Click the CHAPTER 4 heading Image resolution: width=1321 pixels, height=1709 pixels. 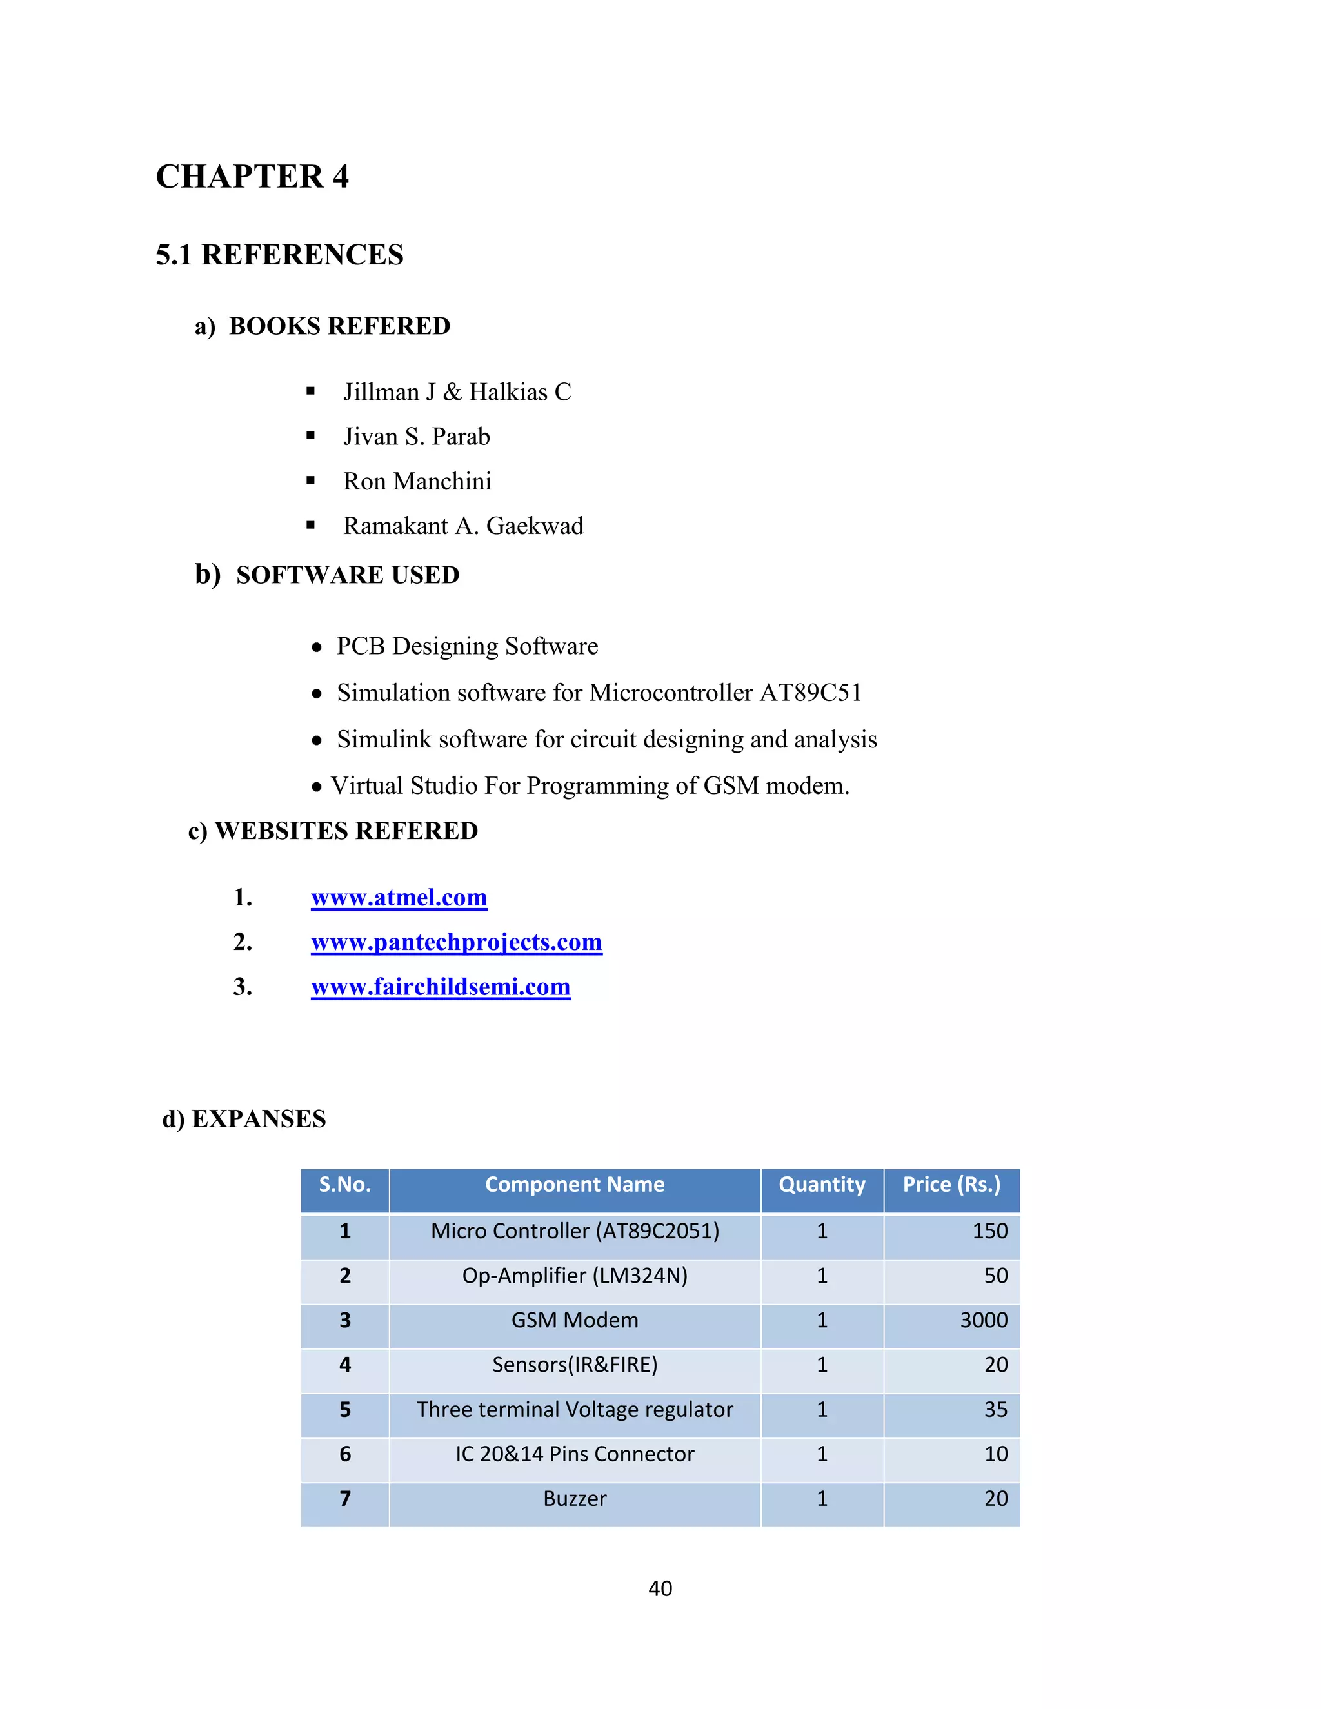click(x=252, y=177)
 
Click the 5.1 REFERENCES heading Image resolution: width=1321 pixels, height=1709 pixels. click(x=279, y=255)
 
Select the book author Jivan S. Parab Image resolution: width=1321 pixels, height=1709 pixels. click(x=416, y=437)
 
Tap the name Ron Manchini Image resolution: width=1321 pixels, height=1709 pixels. click(x=417, y=481)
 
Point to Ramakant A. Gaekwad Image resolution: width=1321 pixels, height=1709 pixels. click(x=463, y=526)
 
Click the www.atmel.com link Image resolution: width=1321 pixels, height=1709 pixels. click(x=399, y=898)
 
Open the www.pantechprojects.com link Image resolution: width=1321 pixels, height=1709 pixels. click(x=456, y=942)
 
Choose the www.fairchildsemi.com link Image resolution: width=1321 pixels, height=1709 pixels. click(x=441, y=987)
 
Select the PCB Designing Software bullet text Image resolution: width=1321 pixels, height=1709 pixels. click(x=467, y=646)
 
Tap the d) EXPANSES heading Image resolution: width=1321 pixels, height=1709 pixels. click(x=244, y=1119)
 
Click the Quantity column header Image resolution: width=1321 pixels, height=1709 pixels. click(x=822, y=1185)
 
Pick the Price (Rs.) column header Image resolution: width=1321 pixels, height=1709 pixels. click(x=951, y=1185)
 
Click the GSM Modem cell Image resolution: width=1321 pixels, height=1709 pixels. click(x=575, y=1321)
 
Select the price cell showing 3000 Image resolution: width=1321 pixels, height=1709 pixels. click(x=984, y=1321)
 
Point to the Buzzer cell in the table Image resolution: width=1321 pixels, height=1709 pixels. click(x=575, y=1499)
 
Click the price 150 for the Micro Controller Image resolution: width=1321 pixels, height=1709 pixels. click(x=989, y=1232)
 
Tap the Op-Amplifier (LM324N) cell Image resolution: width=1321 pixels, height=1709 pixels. click(x=575, y=1276)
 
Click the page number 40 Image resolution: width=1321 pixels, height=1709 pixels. click(x=660, y=1588)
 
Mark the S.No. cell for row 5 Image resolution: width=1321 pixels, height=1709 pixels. click(x=345, y=1410)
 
